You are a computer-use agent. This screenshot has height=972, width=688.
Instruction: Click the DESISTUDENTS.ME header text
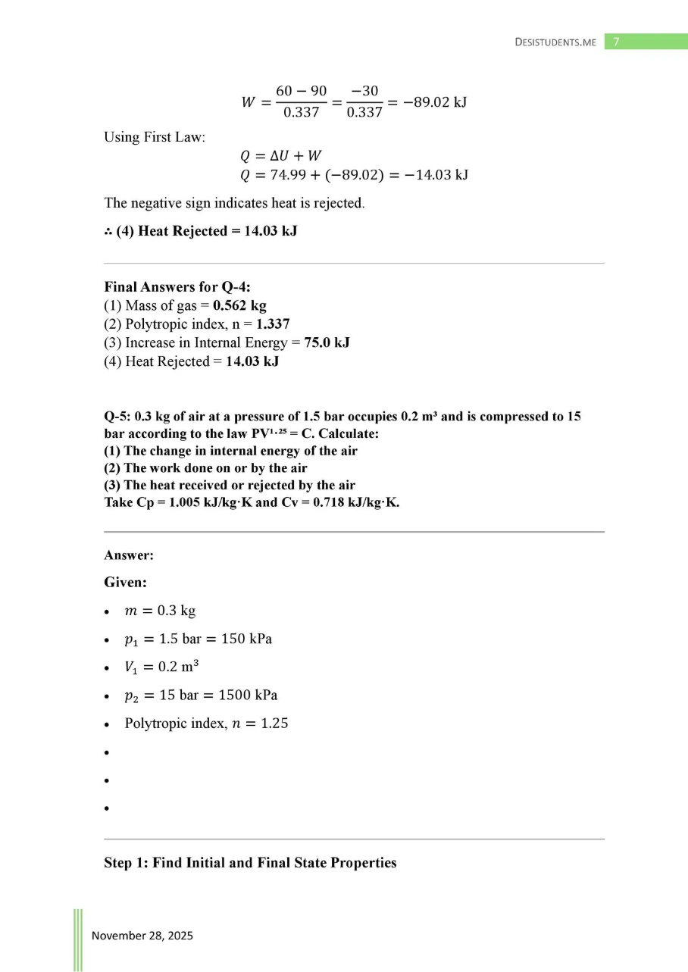click(x=555, y=42)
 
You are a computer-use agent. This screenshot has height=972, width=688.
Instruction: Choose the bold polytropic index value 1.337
click(x=273, y=324)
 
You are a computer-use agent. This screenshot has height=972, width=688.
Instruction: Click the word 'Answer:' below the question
click(x=129, y=555)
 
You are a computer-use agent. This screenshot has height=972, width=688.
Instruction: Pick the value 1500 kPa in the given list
click(x=245, y=695)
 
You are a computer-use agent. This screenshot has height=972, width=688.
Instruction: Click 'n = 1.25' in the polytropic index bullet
click(x=262, y=723)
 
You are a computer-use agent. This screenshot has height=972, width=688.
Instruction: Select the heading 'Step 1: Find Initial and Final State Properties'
click(x=250, y=863)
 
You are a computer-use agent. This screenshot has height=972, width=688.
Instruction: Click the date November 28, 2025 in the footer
click(x=142, y=936)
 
